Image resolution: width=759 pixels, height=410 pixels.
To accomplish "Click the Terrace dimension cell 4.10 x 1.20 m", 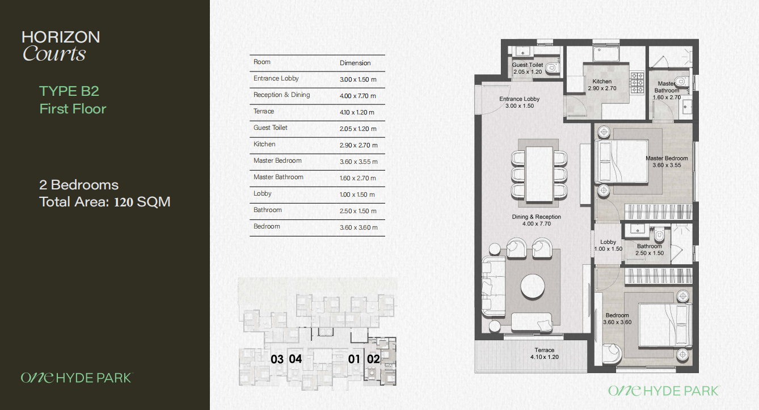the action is click(x=357, y=112).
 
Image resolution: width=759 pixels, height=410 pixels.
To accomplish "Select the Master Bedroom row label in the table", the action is click(x=277, y=160).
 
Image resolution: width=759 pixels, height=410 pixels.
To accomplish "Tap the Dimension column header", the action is click(x=355, y=63).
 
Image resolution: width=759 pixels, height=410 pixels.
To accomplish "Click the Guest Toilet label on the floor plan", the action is click(x=528, y=68).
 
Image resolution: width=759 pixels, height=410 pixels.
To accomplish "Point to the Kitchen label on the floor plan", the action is click(x=602, y=84).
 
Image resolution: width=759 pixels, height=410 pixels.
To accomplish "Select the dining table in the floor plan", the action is click(x=539, y=174).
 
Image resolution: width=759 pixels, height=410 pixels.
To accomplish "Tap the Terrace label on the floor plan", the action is click(x=545, y=353).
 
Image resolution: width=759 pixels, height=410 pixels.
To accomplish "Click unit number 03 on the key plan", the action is click(x=277, y=359).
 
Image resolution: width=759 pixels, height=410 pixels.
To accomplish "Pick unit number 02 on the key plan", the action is click(x=373, y=359).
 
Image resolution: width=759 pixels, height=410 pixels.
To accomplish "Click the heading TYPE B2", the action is click(x=69, y=91).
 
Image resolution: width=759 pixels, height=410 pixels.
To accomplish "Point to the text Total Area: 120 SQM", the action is click(x=105, y=202).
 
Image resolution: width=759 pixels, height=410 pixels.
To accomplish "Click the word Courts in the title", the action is click(x=54, y=54).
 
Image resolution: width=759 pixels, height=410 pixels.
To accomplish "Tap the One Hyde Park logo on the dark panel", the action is click(x=77, y=378).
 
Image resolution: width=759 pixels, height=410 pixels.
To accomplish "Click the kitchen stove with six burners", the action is click(x=637, y=83).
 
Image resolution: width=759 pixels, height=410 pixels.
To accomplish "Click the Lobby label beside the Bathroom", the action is click(x=608, y=246).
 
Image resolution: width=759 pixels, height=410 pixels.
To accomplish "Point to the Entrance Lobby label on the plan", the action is click(x=520, y=102).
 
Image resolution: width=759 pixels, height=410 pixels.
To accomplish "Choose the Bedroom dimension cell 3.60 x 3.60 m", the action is click(x=359, y=227).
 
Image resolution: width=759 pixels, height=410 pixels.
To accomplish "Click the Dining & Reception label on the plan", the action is click(x=537, y=220).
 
